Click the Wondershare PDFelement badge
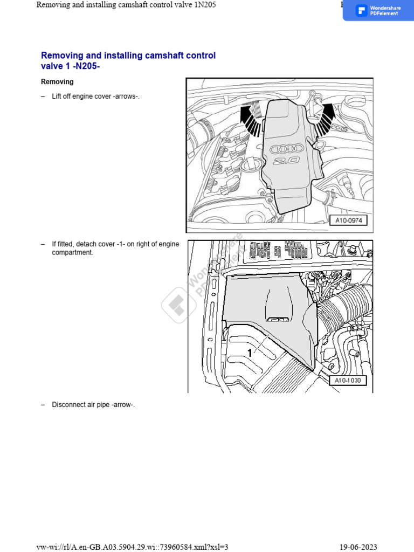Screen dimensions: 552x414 378,10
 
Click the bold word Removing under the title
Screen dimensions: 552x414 57,82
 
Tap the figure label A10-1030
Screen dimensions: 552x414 347,381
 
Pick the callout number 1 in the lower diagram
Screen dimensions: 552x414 250,353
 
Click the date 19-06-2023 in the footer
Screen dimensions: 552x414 357,547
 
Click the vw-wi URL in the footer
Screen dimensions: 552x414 132,547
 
